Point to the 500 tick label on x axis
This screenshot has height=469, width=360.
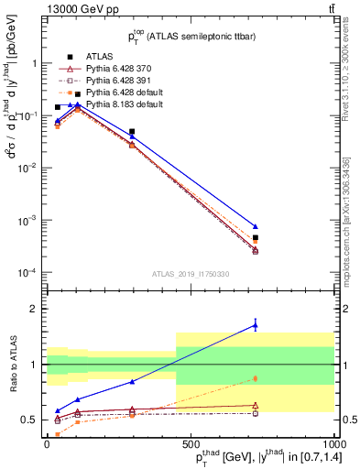point(190,441)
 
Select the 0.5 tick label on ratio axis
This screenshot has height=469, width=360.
point(32,420)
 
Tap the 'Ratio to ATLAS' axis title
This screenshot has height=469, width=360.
point(13,365)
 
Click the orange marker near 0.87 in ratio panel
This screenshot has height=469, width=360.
point(256,378)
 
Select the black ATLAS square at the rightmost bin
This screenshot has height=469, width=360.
point(256,238)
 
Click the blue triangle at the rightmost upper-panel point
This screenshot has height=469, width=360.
point(256,226)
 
